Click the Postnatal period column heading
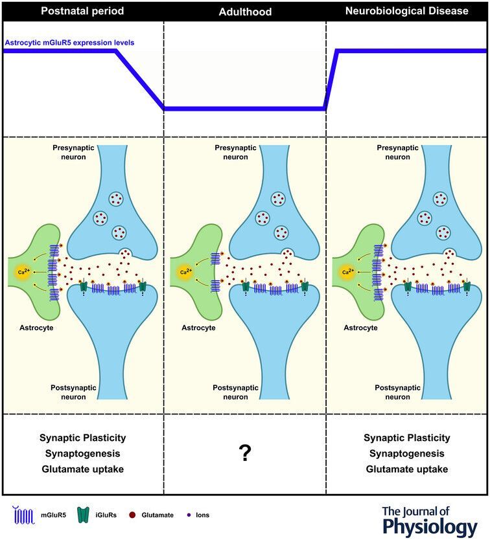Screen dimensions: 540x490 point(82,11)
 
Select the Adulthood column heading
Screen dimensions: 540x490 point(244,11)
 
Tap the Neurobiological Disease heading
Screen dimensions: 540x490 point(407,11)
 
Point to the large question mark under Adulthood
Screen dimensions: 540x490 point(244,454)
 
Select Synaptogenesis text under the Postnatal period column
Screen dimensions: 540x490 point(82,454)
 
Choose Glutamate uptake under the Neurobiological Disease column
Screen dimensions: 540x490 point(407,469)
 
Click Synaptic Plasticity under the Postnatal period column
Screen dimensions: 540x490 point(82,438)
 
